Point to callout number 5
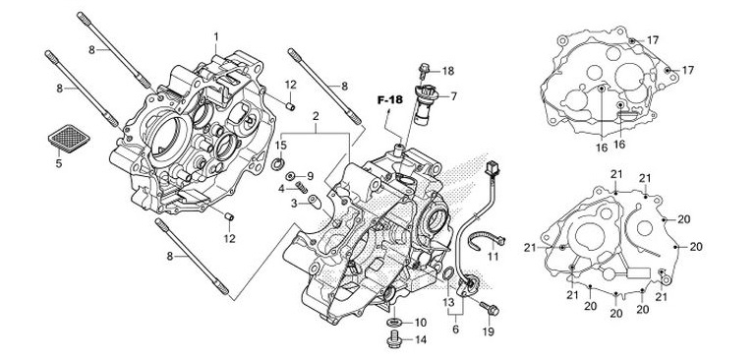(58, 163)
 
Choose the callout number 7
(454, 96)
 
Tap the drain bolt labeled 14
(392, 339)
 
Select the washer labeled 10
(393, 322)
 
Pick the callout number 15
(280, 146)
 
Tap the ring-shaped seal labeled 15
(279, 162)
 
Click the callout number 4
(280, 187)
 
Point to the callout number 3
(293, 204)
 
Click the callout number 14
(420, 340)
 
